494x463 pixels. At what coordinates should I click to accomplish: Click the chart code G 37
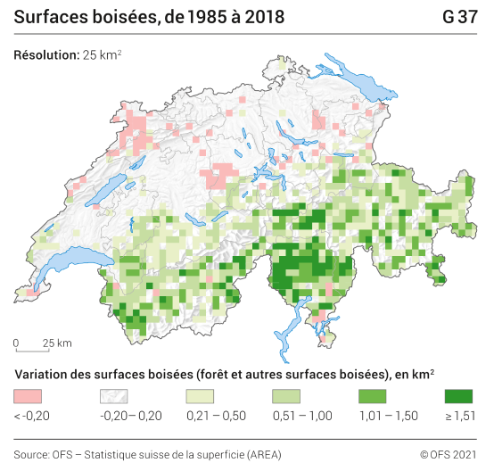(459, 17)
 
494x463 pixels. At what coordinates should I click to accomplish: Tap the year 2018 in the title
(259, 17)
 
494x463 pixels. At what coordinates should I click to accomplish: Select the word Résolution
(46, 55)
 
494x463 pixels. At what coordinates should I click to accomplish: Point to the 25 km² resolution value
(103, 55)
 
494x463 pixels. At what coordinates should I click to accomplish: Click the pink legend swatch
(29, 395)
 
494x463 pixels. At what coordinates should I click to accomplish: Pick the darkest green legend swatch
(458, 395)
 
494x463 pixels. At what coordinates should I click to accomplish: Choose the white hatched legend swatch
(114, 395)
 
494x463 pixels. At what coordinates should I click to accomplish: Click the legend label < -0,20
(32, 415)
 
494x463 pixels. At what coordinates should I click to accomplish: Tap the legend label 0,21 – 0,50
(213, 415)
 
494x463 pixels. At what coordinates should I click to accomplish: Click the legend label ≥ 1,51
(459, 415)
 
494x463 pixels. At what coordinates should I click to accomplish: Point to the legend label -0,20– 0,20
(130, 415)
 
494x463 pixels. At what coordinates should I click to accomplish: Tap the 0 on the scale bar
(16, 343)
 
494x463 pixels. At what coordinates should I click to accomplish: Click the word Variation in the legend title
(42, 372)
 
